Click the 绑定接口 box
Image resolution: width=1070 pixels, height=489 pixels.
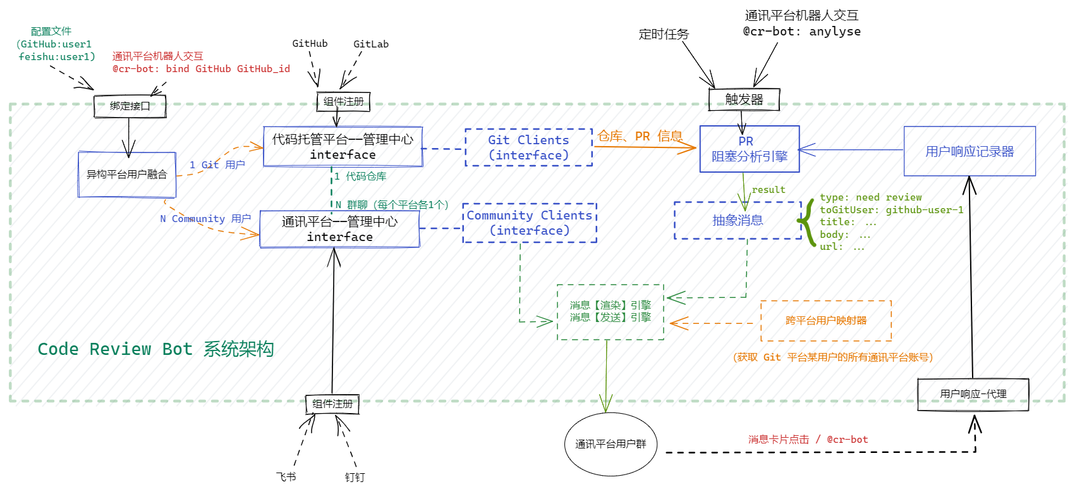tap(130, 106)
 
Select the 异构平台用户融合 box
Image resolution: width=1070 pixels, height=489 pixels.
tap(127, 174)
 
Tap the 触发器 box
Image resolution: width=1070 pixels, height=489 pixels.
tap(744, 99)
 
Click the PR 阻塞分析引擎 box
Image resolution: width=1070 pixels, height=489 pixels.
tap(750, 149)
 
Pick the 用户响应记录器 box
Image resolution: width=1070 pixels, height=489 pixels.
tap(970, 151)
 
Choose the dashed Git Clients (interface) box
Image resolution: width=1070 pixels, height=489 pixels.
tap(528, 147)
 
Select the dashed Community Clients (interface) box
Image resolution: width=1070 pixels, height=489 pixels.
tap(530, 223)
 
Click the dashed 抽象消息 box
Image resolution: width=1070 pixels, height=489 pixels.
tap(738, 220)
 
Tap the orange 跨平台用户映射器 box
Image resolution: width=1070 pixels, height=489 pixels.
tap(826, 321)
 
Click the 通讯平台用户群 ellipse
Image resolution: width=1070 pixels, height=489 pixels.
tap(611, 444)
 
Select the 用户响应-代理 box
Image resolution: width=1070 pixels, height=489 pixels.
tap(973, 394)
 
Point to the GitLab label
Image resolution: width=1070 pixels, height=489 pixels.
tap(371, 44)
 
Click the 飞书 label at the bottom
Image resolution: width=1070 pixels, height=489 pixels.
tap(286, 477)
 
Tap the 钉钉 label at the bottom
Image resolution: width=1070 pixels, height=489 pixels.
tap(355, 478)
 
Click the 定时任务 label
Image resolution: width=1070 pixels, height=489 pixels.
tap(664, 34)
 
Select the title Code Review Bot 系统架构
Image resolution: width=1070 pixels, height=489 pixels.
tap(155, 349)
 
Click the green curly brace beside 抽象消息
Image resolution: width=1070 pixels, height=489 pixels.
tap(806, 222)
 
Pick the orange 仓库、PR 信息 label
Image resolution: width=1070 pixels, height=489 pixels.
tap(640, 136)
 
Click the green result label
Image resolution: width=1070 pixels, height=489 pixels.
tap(769, 190)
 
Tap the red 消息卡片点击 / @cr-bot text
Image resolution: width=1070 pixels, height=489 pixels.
tap(808, 439)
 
